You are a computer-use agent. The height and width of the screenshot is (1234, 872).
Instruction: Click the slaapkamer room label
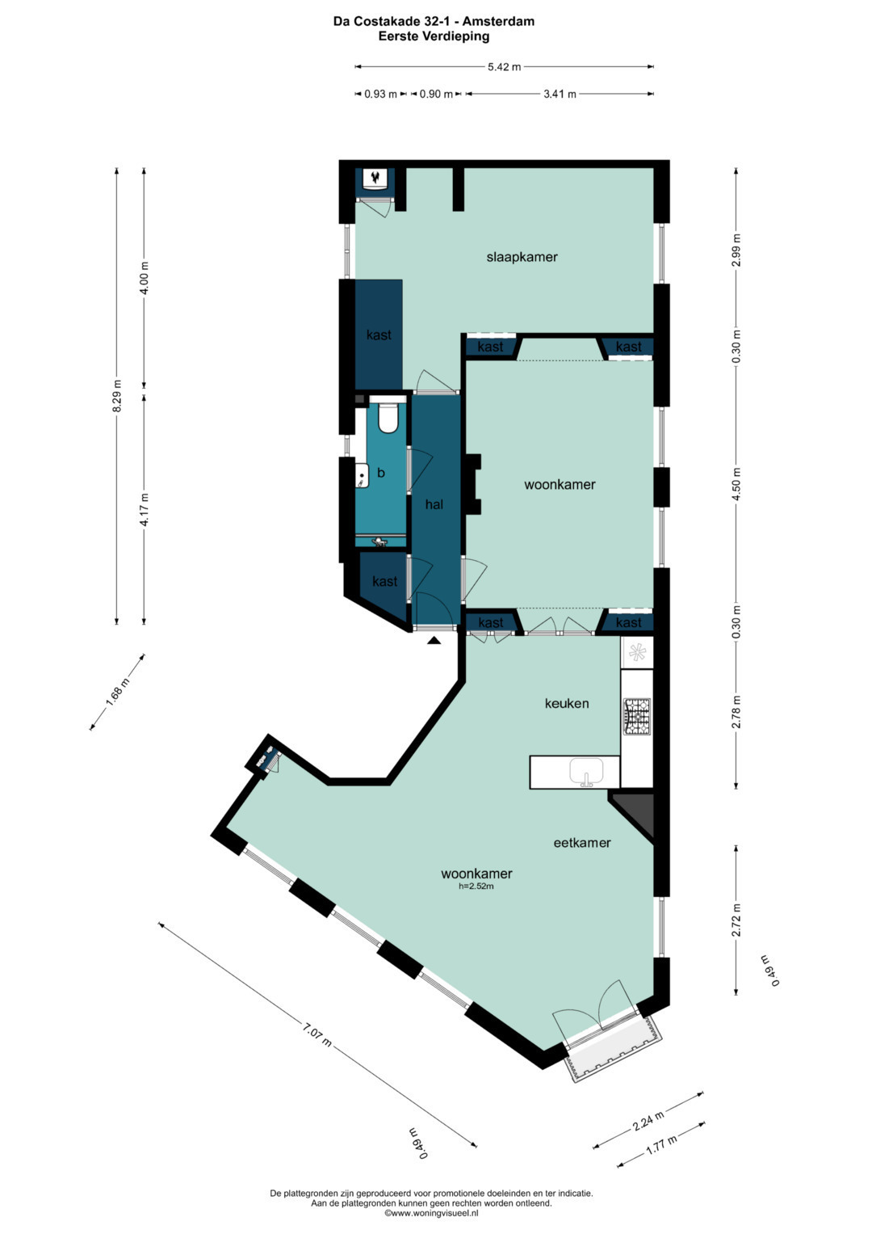tap(522, 257)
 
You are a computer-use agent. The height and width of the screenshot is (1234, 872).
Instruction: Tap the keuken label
tap(567, 704)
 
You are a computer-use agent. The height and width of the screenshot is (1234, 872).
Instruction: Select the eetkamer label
tap(582, 843)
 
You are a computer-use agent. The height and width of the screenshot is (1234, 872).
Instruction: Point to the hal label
tap(434, 504)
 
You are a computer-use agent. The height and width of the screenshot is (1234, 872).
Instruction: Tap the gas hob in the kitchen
tap(637, 716)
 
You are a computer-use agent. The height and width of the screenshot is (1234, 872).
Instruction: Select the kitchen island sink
tap(586, 771)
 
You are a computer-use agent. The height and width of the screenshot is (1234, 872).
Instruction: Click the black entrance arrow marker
tap(434, 640)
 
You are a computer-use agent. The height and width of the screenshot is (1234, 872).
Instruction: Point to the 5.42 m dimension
tap(505, 66)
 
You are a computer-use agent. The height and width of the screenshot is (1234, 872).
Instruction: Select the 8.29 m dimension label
tap(117, 395)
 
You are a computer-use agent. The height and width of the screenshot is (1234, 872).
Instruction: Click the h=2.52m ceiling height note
tap(476, 887)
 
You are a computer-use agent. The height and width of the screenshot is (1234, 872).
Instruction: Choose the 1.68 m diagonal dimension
tap(117, 692)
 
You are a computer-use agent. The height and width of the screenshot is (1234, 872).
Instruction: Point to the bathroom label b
tap(380, 473)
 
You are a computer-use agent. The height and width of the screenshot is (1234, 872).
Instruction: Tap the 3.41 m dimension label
tap(560, 95)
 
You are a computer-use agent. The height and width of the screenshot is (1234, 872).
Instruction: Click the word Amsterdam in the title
tap(498, 22)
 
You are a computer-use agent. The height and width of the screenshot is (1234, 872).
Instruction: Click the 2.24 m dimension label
tap(648, 1120)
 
